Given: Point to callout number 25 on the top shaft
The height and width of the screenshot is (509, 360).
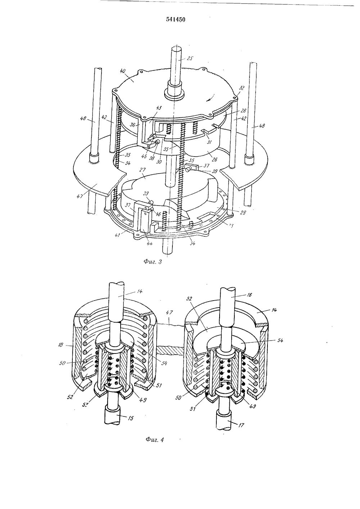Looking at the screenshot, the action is pos(190,58).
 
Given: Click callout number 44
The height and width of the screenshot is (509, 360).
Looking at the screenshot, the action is pos(148,243).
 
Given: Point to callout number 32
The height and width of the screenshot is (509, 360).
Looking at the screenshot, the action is pos(241,87).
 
